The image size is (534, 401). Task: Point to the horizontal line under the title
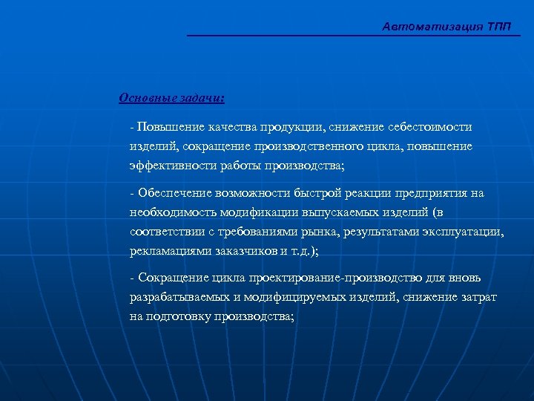point(353,36)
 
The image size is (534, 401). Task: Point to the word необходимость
point(171,212)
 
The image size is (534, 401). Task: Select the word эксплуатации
point(462,232)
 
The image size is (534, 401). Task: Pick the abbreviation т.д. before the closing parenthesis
point(300,251)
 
